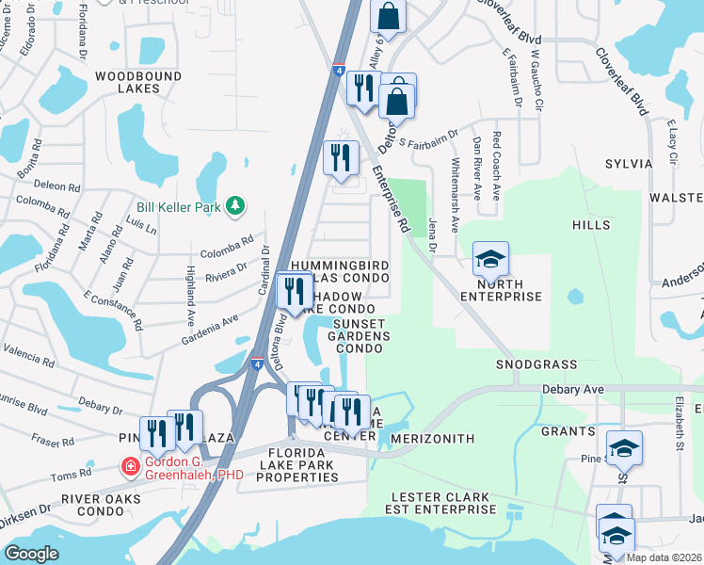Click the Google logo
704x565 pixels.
(x=31, y=554)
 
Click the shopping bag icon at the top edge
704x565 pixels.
(x=388, y=15)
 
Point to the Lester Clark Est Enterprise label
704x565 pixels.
(x=443, y=503)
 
